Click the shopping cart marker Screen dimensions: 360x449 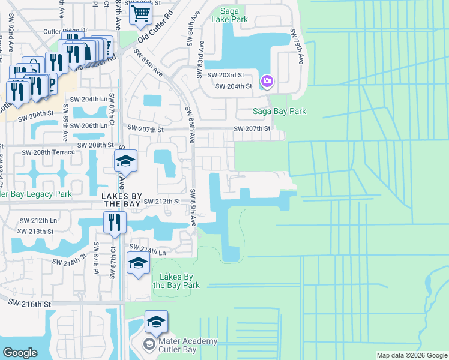pos(140,13)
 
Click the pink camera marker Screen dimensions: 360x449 pos(267,81)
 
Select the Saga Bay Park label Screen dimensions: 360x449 pos(279,111)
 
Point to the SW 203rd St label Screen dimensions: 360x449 pos(226,75)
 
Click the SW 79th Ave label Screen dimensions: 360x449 pos(296,46)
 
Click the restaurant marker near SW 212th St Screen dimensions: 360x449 pos(113,223)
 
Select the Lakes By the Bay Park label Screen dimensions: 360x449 pos(175,281)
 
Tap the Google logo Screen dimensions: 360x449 pos(20,352)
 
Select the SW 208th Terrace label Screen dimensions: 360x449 pos(48,152)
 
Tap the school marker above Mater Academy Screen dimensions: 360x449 pos(156,323)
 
